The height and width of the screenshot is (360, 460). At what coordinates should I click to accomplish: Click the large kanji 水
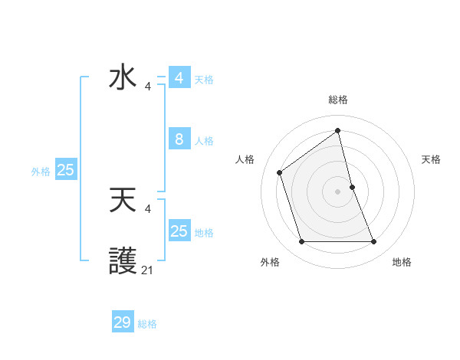point(123,78)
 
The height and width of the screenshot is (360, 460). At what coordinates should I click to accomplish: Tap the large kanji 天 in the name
point(123,201)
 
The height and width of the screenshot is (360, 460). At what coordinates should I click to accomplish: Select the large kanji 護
point(123,262)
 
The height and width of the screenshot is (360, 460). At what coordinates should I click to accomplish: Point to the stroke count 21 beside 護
point(147,270)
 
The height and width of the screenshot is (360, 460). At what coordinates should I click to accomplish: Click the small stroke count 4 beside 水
point(148,87)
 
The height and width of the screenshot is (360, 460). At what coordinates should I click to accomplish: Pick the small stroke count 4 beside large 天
point(148,209)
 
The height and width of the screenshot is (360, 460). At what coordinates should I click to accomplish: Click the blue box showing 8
point(179,139)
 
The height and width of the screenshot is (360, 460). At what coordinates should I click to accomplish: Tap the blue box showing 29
point(123,322)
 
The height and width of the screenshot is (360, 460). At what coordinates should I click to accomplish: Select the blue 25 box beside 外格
point(66,170)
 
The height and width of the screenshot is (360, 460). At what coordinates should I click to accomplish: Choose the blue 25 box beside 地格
point(179,231)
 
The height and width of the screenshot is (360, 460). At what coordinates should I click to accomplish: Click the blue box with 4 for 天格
point(179,78)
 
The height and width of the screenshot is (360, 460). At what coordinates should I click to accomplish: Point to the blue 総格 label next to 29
point(147,324)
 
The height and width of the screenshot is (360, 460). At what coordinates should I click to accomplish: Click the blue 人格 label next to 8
point(204,141)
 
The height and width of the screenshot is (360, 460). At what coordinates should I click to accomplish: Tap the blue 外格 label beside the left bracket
point(41,172)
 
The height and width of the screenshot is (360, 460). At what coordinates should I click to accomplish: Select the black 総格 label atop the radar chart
point(338,100)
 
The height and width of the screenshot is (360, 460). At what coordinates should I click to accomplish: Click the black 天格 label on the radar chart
point(431,159)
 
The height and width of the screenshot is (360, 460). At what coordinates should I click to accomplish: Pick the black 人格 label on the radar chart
point(245,159)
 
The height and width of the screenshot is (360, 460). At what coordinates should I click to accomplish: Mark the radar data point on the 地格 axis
point(374,242)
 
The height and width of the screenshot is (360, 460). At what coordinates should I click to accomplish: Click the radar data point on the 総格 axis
point(338,130)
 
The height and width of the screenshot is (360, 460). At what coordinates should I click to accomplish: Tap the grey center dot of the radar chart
point(338,191)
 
